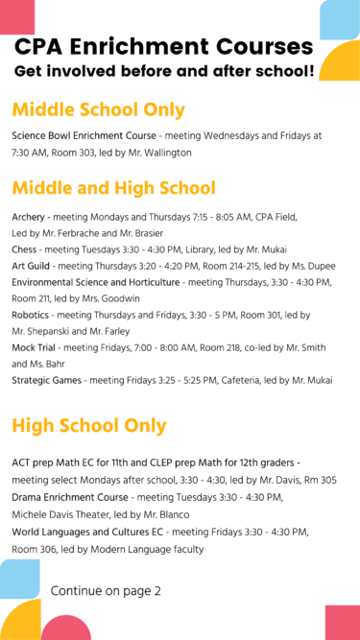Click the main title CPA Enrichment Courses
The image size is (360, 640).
click(x=163, y=46)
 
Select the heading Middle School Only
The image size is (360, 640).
click(x=98, y=109)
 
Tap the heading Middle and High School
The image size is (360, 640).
click(x=113, y=188)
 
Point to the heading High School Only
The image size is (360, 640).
click(x=89, y=425)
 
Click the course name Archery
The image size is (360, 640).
click(x=28, y=217)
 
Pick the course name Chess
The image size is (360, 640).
click(x=25, y=249)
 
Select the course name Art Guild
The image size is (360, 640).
click(x=32, y=266)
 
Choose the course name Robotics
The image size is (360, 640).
click(x=31, y=315)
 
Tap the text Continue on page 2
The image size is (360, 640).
click(x=106, y=590)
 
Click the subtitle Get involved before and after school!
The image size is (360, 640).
click(x=163, y=71)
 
